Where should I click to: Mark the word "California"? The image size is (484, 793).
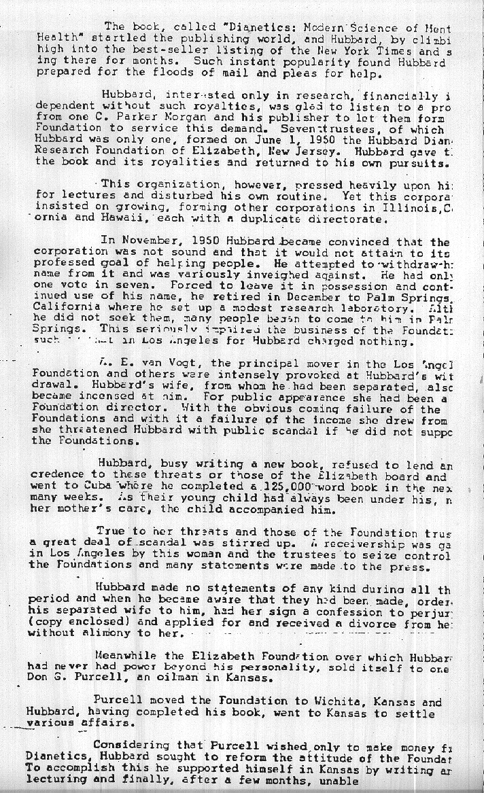(64, 308)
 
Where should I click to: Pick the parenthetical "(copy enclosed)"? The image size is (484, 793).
(80, 621)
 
